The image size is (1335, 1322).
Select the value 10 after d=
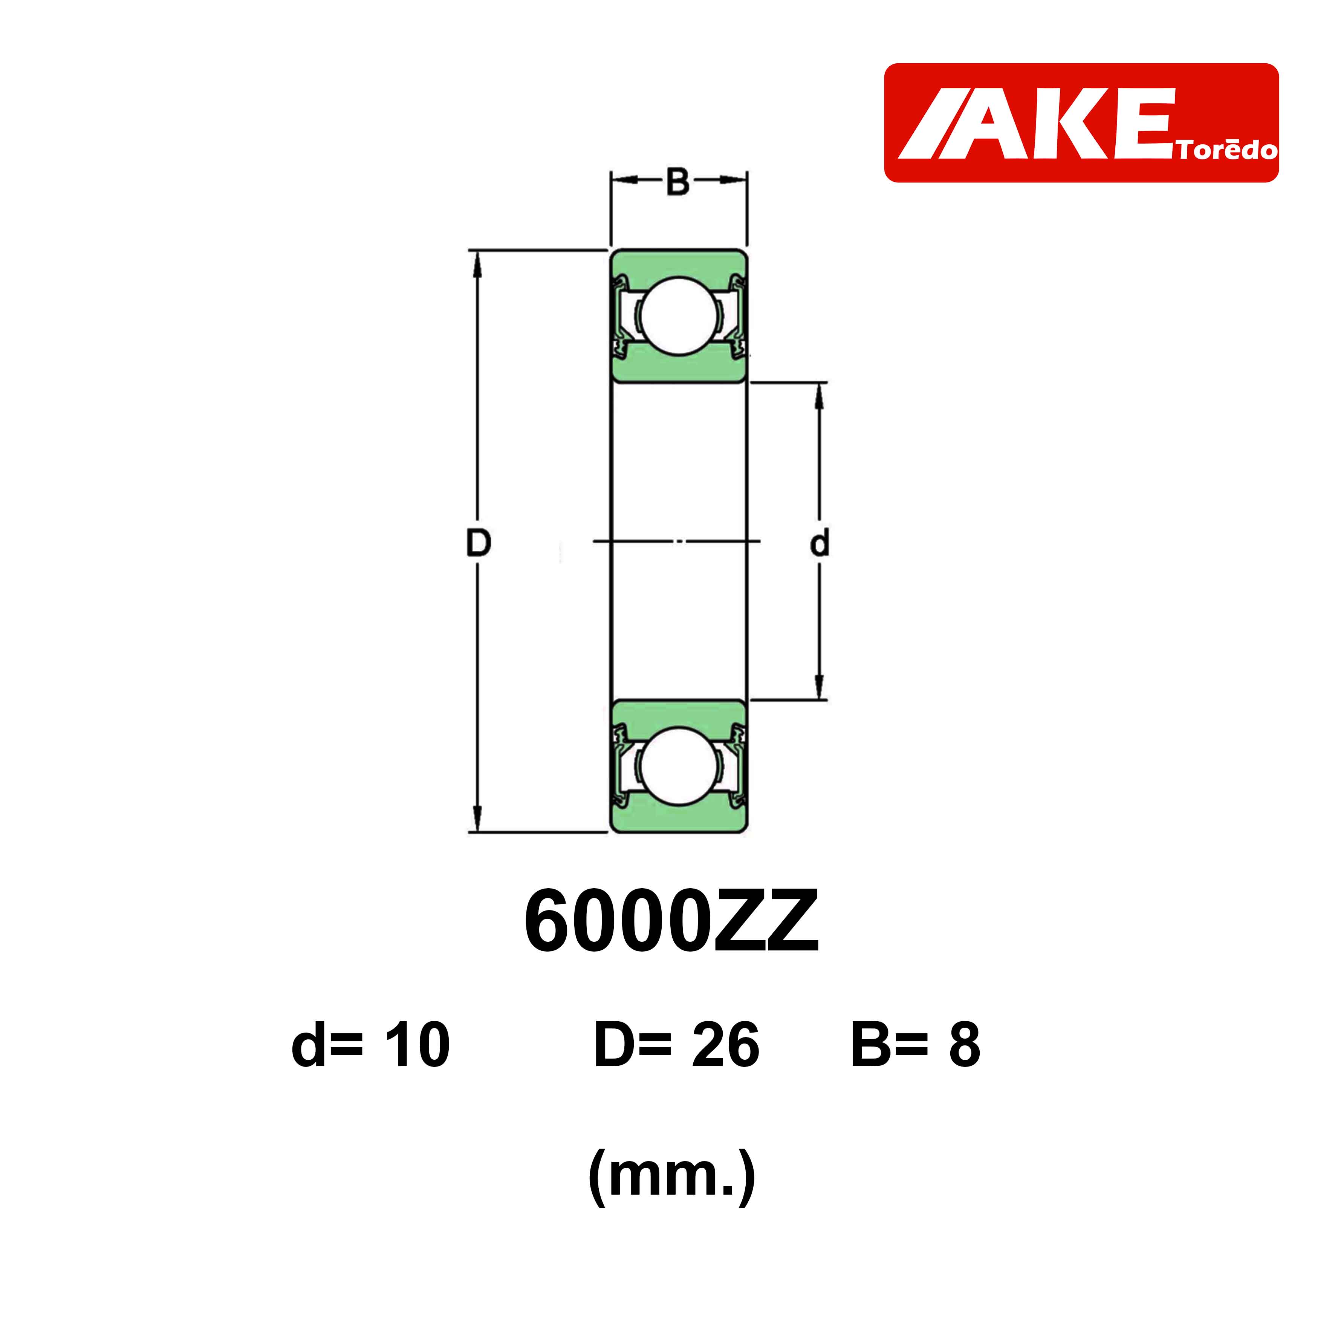pos(417,1045)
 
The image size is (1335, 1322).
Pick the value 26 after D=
pos(726,1045)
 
